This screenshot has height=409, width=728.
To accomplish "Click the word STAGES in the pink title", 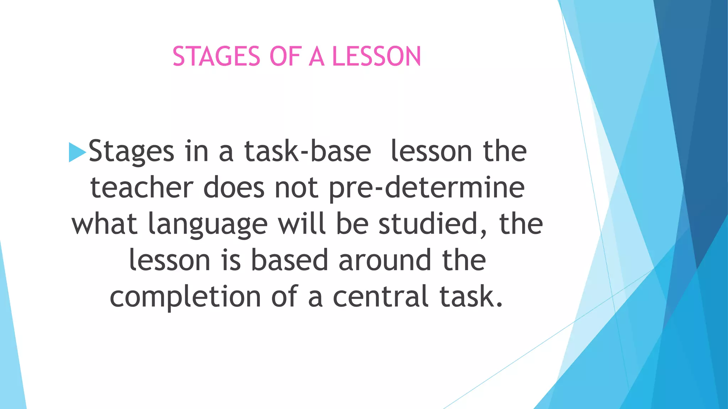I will [216, 57].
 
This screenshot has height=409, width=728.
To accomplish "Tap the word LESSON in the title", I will [376, 57].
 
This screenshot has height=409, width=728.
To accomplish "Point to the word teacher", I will [142, 188].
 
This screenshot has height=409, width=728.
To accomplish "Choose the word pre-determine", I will [427, 189].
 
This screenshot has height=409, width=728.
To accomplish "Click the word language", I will [208, 225].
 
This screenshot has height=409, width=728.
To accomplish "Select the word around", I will [385, 260].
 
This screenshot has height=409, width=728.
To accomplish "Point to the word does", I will [234, 188].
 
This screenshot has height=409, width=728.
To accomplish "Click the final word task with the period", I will [471, 296].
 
